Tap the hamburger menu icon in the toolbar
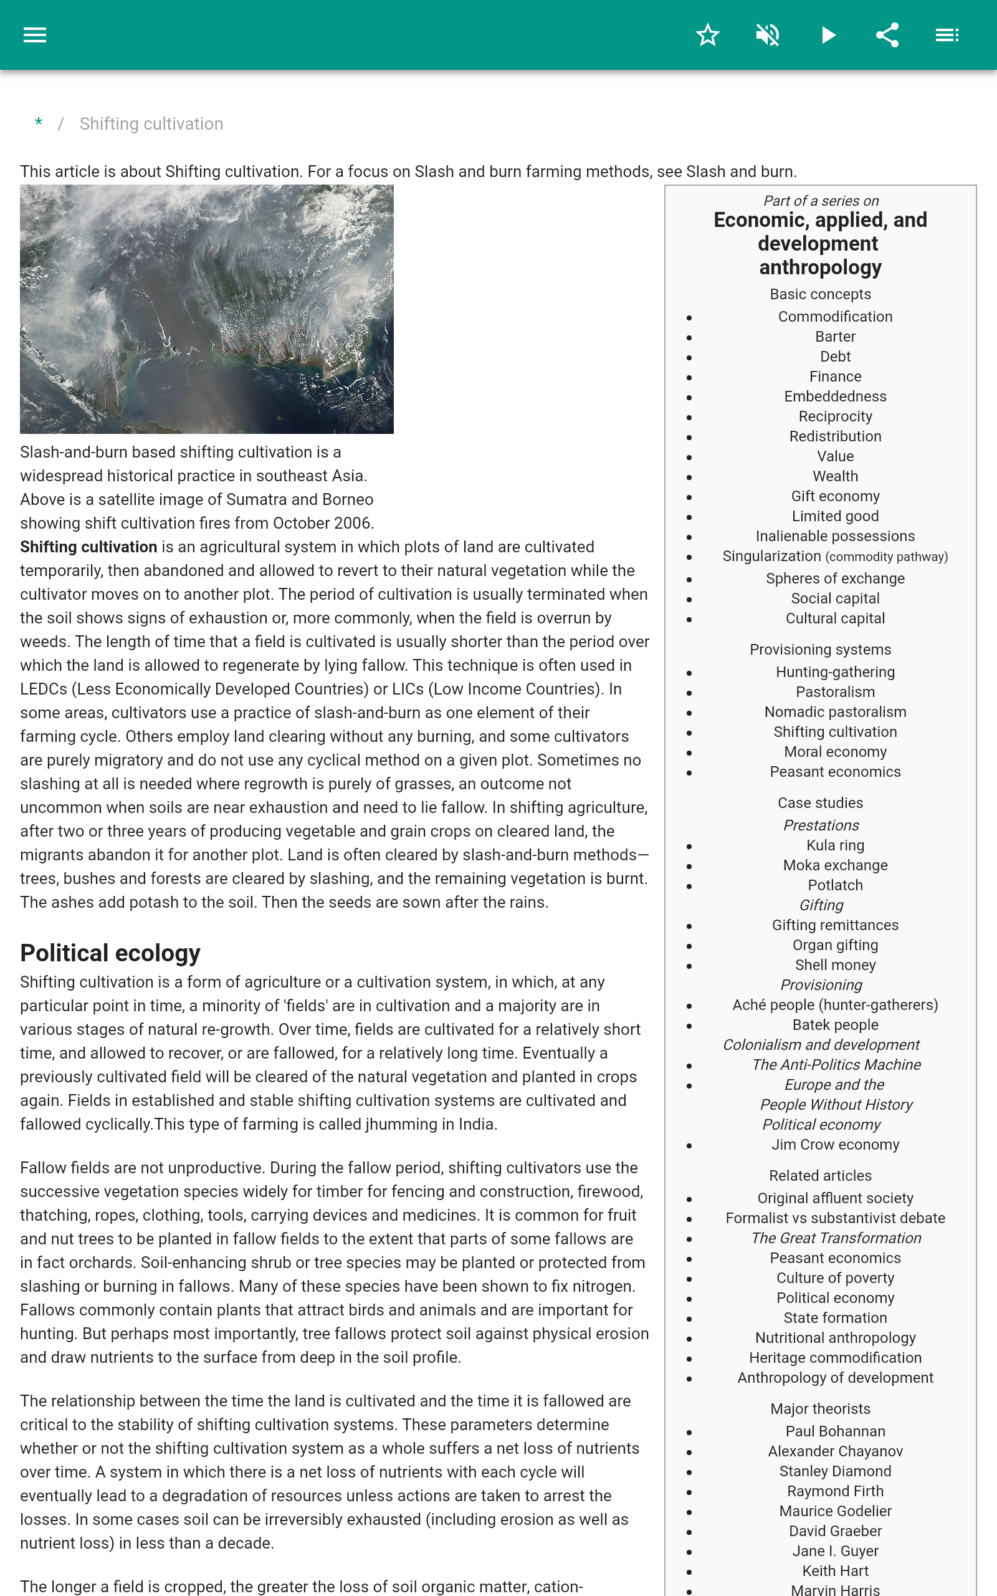tap(35, 35)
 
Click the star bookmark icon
tap(707, 35)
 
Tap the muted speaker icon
tap(768, 35)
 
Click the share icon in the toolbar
tap(887, 35)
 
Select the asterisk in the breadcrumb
tap(39, 123)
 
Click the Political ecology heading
tap(110, 953)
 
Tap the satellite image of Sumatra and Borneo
tap(206, 309)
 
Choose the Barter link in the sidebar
tap(835, 337)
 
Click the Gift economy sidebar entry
tap(835, 496)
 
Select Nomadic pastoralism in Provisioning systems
tap(835, 711)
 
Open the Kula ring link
tap(835, 845)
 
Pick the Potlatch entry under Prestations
tap(835, 885)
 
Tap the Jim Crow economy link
tap(835, 1144)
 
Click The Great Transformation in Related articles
tap(836, 1238)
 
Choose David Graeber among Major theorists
tap(835, 1531)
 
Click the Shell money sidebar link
tap(835, 965)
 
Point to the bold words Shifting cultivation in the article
tap(88, 547)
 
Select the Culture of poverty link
tap(835, 1277)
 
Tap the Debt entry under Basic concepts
tap(835, 356)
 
